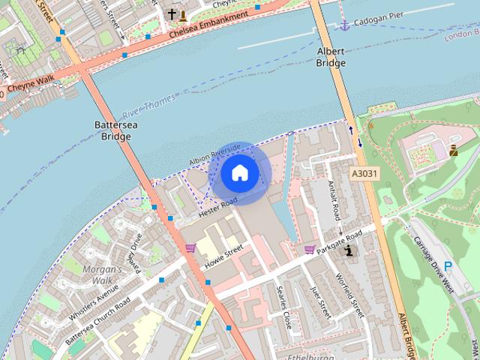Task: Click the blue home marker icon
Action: [x=240, y=173]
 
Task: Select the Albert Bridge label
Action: [x=329, y=58]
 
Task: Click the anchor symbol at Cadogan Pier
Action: [x=345, y=25]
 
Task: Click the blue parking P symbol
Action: [x=448, y=266]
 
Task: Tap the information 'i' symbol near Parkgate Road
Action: [x=349, y=251]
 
